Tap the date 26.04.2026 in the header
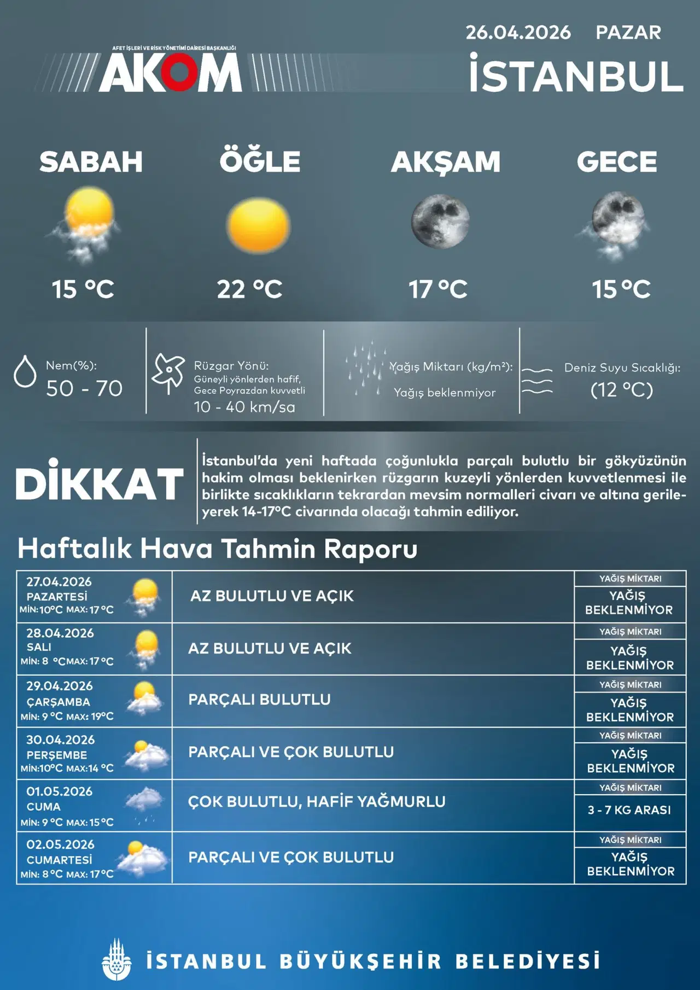pos(518,33)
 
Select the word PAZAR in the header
pos(628,33)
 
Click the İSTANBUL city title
pos(576,76)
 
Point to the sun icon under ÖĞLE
pos(258,225)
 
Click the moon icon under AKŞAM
pos(440,221)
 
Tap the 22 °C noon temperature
pos(249,289)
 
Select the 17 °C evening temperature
pos(438,289)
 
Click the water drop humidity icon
pos(25,371)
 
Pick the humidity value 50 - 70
pos(84,388)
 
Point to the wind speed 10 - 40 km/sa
pos(244,407)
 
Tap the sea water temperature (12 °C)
pos(622,390)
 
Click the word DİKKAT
pos(100,484)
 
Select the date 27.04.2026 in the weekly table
pos(59,582)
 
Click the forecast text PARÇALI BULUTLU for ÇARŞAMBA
pos(259,700)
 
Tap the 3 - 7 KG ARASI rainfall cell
pos(629,810)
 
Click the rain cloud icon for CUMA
pos(144,804)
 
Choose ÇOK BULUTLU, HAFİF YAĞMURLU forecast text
pos(317,802)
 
